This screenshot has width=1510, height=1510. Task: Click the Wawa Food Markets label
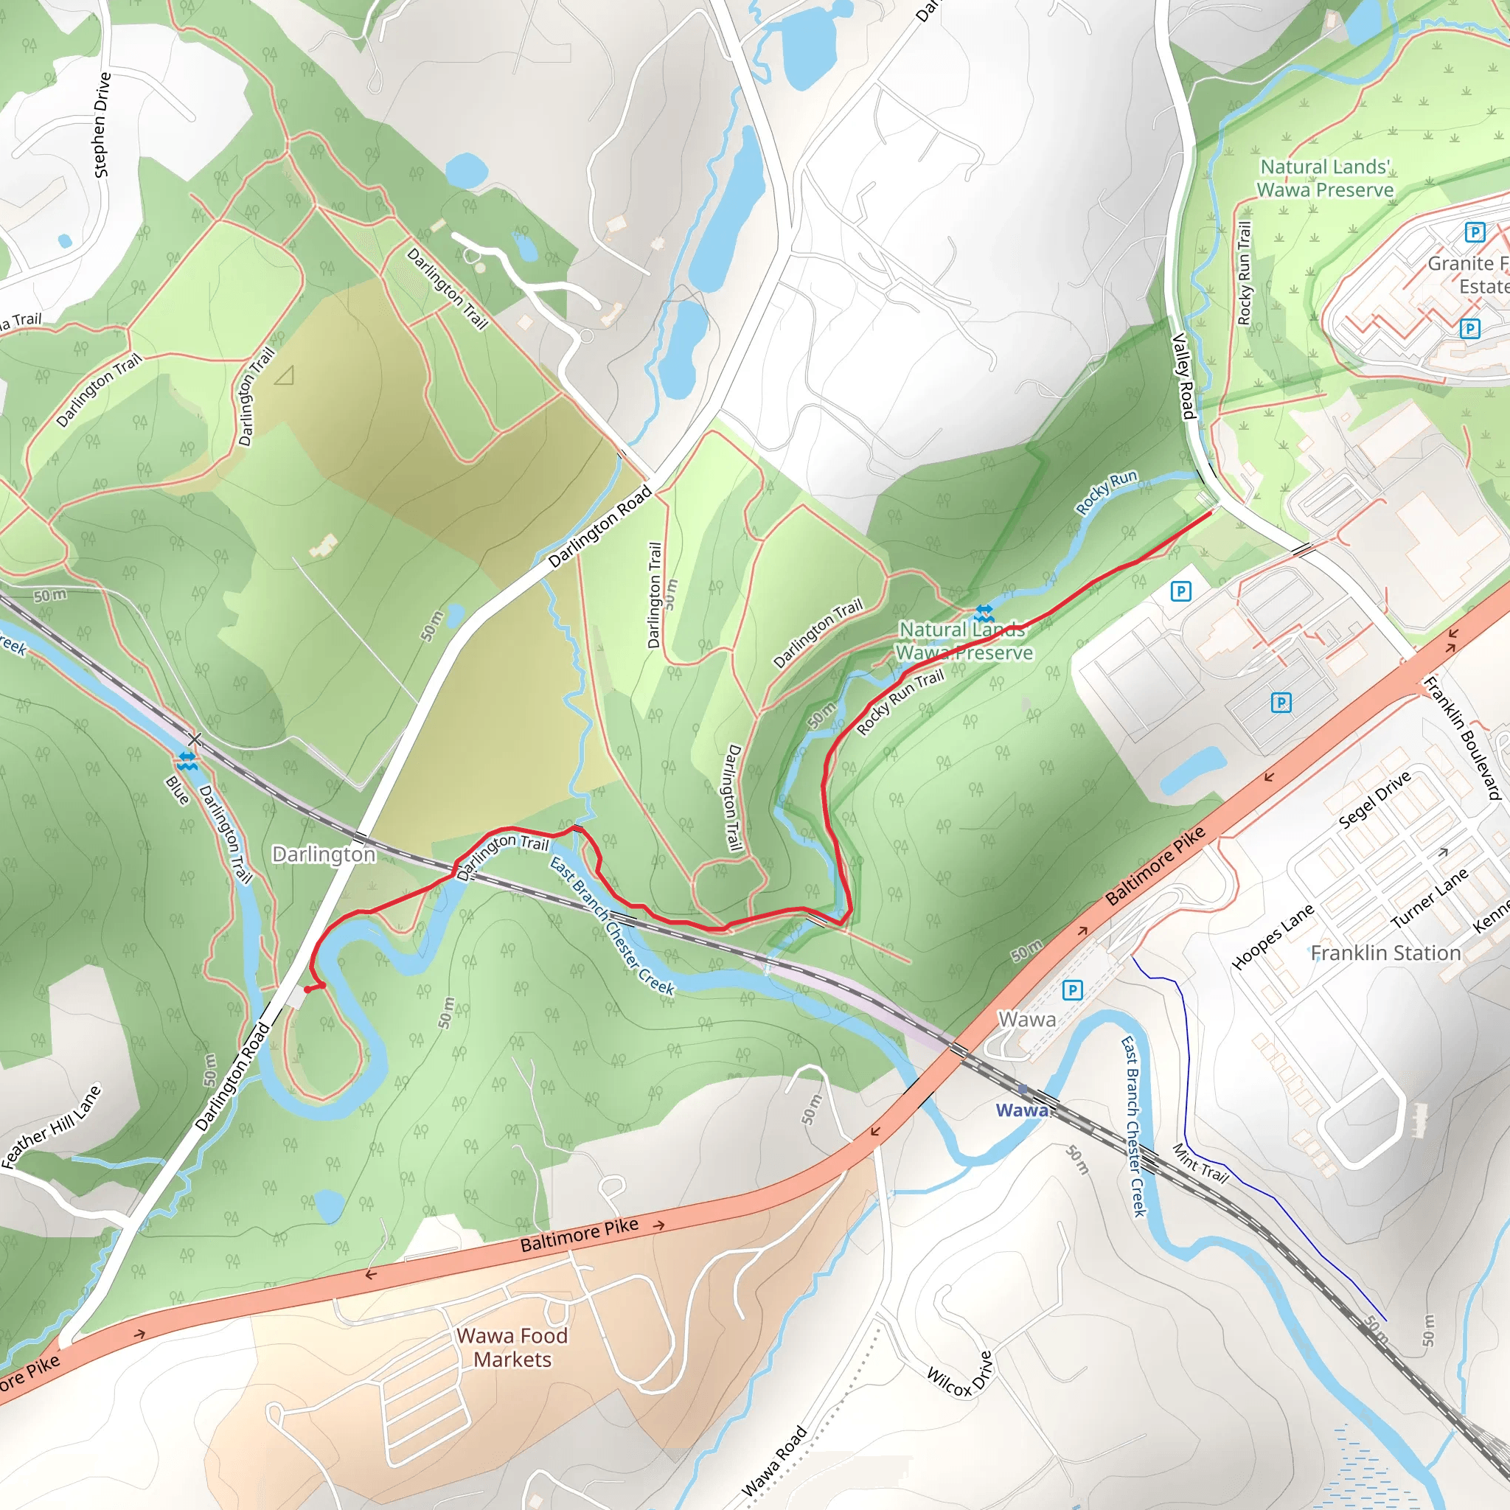[512, 1348]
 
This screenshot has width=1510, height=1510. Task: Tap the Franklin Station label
[1385, 953]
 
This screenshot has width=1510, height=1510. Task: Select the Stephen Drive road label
[102, 125]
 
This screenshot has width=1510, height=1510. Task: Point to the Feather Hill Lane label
[52, 1127]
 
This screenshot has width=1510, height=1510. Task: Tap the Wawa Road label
[773, 1461]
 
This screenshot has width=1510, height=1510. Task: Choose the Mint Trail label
[1200, 1163]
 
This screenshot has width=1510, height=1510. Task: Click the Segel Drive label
[1374, 799]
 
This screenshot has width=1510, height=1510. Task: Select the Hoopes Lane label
[1273, 937]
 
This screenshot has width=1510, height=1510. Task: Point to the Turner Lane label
[1429, 898]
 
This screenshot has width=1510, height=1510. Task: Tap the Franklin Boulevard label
[1462, 738]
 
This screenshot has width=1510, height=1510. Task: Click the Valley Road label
[1184, 376]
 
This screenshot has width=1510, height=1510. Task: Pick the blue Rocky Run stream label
[1106, 493]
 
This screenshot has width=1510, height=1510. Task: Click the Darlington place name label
[324, 855]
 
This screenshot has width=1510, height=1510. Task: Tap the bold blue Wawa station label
[1020, 1110]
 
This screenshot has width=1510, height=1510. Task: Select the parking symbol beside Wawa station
[1072, 990]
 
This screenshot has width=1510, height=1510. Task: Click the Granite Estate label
[1467, 274]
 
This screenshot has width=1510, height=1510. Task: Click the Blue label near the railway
[178, 790]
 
